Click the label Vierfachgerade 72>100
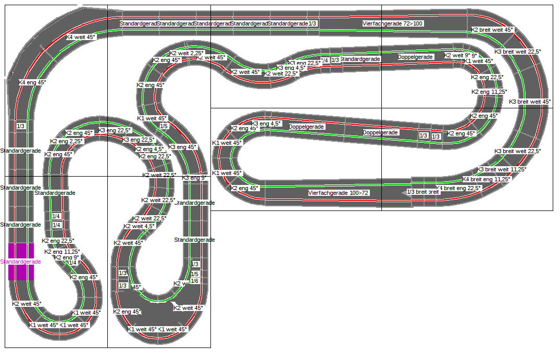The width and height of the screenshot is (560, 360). click(393, 23)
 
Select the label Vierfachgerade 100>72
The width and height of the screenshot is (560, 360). click(338, 193)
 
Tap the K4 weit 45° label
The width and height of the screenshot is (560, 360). click(81, 37)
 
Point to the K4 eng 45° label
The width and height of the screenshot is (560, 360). click(32, 82)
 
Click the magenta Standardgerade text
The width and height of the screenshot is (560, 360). click(21, 262)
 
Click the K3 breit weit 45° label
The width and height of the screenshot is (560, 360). click(529, 102)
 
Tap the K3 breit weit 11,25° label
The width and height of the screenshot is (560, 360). click(501, 169)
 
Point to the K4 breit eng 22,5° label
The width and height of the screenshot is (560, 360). click(458, 188)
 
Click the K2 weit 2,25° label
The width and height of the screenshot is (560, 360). click(186, 53)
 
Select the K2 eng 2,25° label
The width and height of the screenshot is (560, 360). click(67, 141)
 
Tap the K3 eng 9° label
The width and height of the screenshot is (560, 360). click(194, 178)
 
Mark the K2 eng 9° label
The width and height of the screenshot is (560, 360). click(67, 257)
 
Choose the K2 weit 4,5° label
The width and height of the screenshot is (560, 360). click(140, 226)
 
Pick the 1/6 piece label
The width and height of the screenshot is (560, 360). click(194, 281)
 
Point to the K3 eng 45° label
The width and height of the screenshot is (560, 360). click(182, 147)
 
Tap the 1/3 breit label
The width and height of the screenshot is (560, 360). click(422, 192)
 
